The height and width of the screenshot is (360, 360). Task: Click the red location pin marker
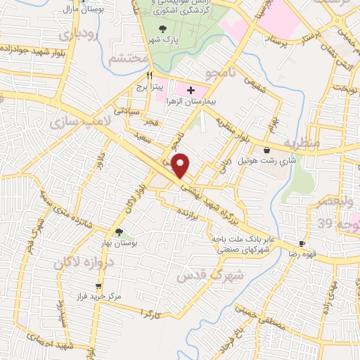click(181, 165)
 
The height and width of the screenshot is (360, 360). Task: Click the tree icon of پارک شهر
click(163, 29)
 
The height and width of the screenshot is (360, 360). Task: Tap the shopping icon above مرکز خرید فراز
click(98, 286)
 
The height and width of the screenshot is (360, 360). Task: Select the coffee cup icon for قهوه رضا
click(302, 243)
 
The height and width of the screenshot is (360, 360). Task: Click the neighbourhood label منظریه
click(302, 143)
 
